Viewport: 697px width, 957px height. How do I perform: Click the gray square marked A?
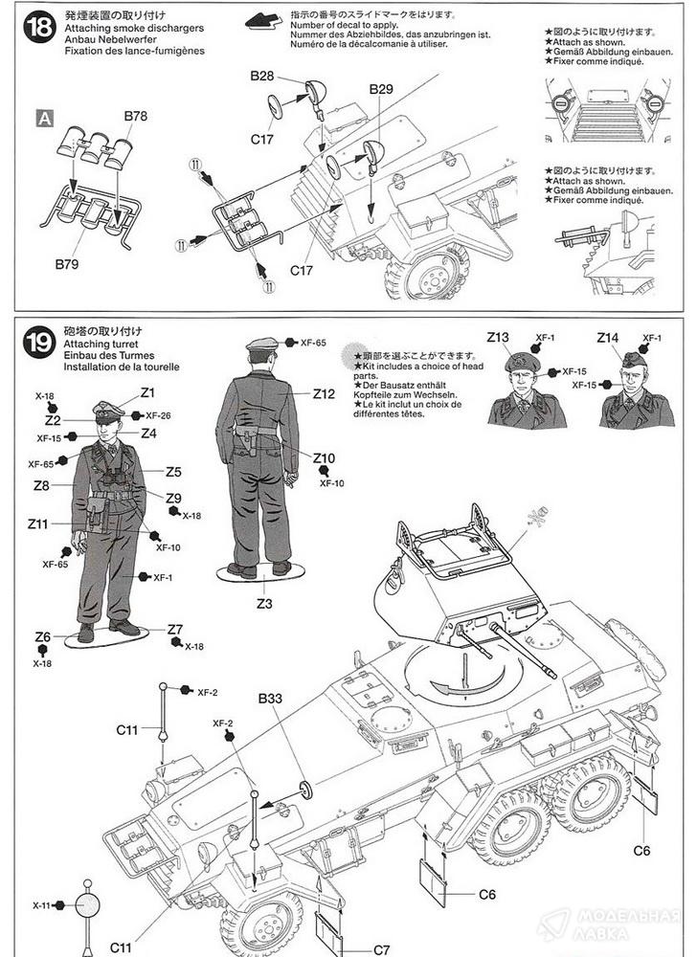pyautogui.click(x=43, y=119)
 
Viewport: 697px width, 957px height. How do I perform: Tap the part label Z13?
pyautogui.click(x=499, y=337)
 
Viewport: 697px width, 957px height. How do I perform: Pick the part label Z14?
pyautogui.click(x=608, y=337)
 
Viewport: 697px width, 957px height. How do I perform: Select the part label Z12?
pyautogui.click(x=324, y=393)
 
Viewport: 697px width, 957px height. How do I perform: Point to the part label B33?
pyautogui.click(x=270, y=698)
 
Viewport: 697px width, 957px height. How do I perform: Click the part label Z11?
pyautogui.click(x=37, y=523)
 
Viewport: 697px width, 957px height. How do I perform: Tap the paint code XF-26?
pyautogui.click(x=159, y=415)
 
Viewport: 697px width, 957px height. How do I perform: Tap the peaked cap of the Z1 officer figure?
pyautogui.click(x=108, y=409)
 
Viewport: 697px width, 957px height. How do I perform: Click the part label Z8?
pyautogui.click(x=41, y=485)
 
